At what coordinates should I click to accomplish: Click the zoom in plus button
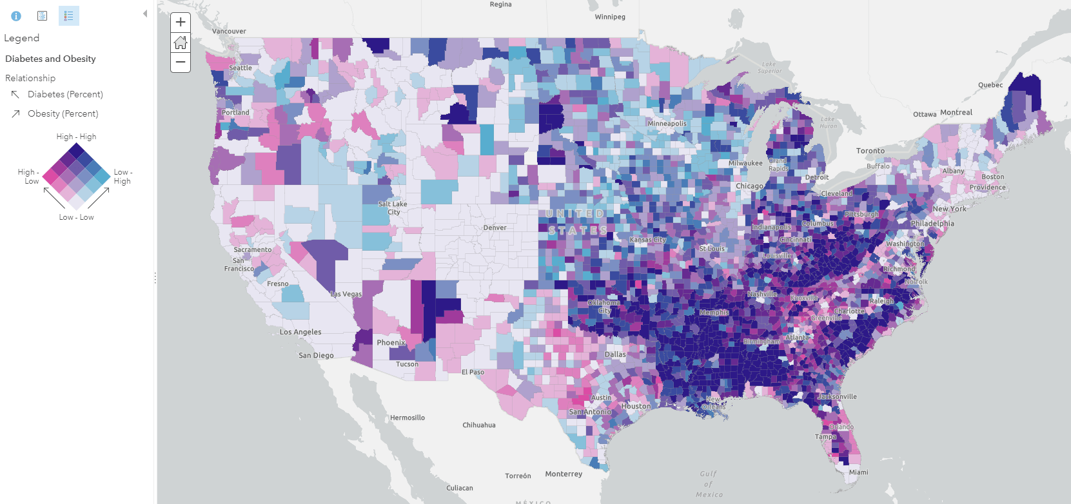tap(181, 22)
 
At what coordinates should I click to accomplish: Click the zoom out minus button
tap(181, 63)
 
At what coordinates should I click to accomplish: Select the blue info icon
tap(16, 16)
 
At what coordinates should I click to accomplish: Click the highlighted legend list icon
tap(68, 16)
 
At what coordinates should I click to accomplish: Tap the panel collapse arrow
tap(145, 14)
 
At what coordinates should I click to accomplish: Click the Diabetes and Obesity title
tap(50, 59)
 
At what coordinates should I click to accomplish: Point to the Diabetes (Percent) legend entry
tap(65, 94)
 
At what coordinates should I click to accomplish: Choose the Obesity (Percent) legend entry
tap(63, 113)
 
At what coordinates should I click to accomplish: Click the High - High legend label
tap(76, 137)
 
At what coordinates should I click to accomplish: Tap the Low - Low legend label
tap(76, 217)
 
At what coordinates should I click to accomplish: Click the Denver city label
tap(495, 228)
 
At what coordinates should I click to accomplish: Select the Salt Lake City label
tap(393, 208)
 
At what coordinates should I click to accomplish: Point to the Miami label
tap(858, 472)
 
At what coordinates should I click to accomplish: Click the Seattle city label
tap(241, 68)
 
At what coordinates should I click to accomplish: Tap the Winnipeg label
tap(610, 17)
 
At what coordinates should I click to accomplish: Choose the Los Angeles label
tap(300, 332)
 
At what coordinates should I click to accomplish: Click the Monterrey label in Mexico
tap(564, 474)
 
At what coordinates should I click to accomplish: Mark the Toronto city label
tap(870, 151)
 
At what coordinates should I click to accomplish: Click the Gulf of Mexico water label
tap(709, 484)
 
